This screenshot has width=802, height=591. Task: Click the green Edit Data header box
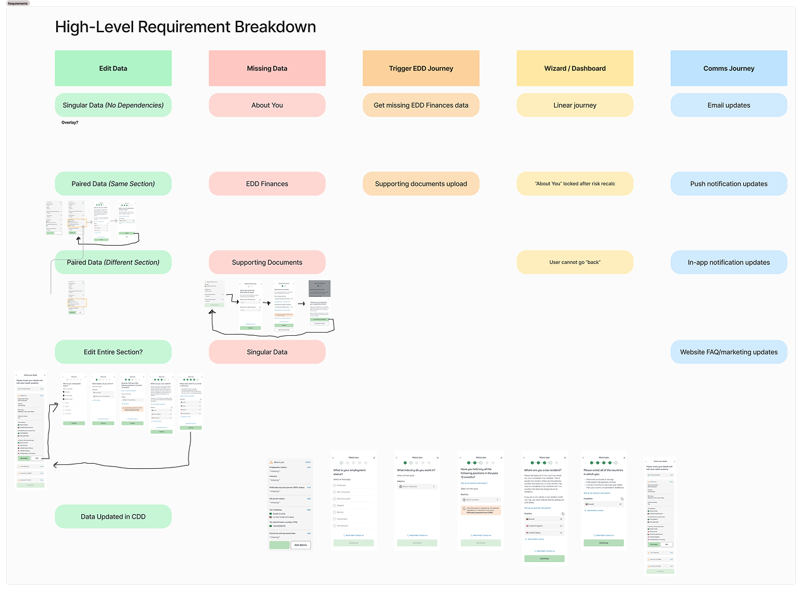(x=113, y=68)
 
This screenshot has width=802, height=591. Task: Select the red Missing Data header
(x=267, y=68)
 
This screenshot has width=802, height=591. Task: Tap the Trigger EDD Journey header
(x=421, y=68)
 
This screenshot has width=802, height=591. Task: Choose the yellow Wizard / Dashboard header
(x=574, y=68)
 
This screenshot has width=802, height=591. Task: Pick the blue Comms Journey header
(x=728, y=68)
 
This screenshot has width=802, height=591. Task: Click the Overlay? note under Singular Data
(x=74, y=122)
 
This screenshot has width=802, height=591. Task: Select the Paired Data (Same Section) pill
(x=113, y=183)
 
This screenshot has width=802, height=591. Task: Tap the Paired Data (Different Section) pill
(x=113, y=262)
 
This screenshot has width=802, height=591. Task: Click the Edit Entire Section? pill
(x=113, y=352)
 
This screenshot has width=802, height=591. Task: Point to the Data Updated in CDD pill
(x=113, y=517)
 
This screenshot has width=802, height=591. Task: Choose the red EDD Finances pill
(x=267, y=183)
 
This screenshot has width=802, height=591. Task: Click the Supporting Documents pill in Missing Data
(x=267, y=262)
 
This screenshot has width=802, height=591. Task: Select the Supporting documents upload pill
(x=421, y=183)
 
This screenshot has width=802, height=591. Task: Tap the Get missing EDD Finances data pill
(x=421, y=105)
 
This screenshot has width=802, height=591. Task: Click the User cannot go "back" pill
(x=574, y=262)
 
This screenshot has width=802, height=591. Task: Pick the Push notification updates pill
(x=728, y=183)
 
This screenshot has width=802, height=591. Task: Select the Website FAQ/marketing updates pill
(x=728, y=352)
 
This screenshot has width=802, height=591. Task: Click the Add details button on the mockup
(x=300, y=545)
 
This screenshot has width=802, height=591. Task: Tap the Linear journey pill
(x=574, y=105)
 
